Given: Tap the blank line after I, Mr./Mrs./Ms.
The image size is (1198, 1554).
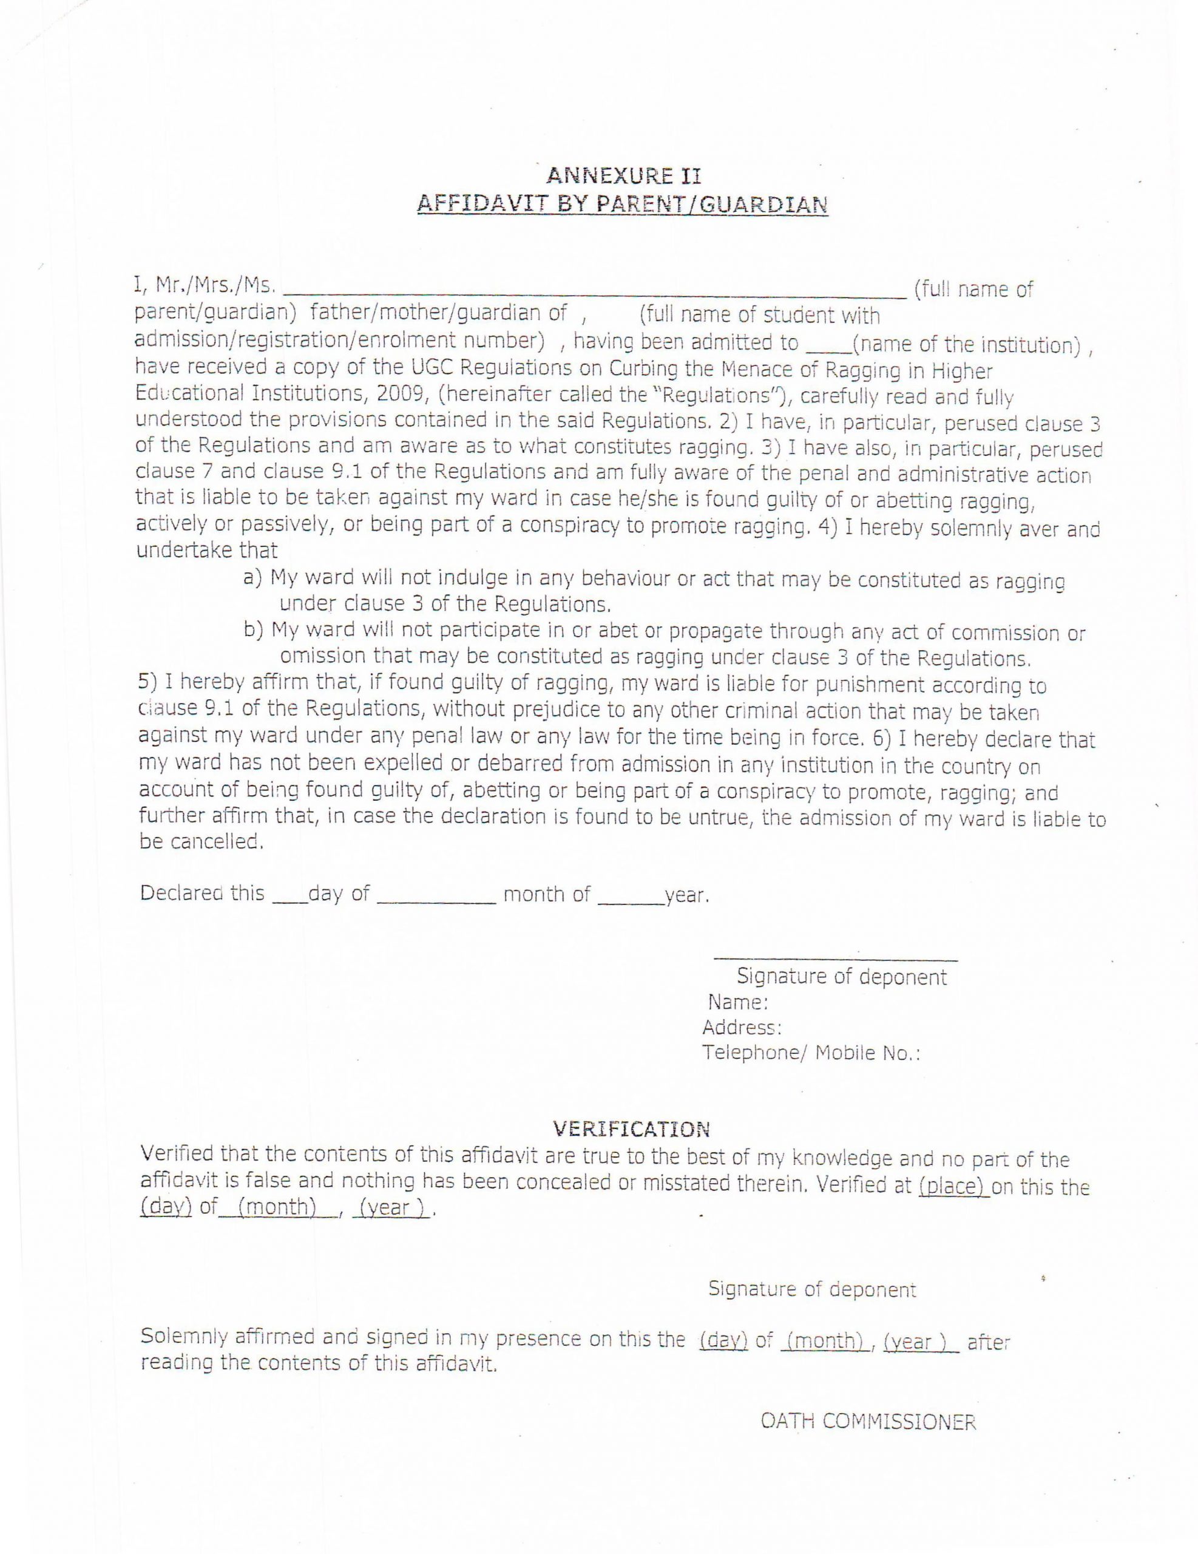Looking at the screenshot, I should pyautogui.click(x=594, y=292).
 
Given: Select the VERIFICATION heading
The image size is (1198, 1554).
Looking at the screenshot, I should pyautogui.click(x=632, y=1128).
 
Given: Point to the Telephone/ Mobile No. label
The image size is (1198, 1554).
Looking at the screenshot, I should pyautogui.click(x=811, y=1053).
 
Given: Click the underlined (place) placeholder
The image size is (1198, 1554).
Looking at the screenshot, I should pyautogui.click(x=954, y=1186).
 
